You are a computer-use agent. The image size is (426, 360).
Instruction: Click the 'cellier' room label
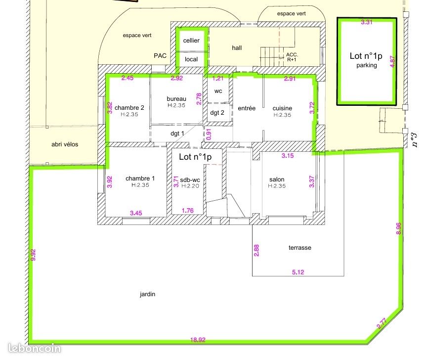tap(191, 41)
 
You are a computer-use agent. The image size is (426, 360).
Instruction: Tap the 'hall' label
tap(237, 48)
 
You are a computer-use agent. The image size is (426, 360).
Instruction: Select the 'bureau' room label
tap(176, 99)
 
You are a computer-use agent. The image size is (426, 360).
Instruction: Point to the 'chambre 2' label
tap(129, 108)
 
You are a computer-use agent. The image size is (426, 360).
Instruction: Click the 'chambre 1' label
tap(140, 179)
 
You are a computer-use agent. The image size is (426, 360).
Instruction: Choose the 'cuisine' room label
tap(282, 108)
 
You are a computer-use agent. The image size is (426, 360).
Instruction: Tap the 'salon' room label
tap(277, 180)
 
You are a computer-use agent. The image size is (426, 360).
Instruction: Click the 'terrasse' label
tap(299, 248)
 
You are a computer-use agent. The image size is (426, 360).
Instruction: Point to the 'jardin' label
tap(148, 294)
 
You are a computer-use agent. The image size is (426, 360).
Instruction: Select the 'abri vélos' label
tap(65, 144)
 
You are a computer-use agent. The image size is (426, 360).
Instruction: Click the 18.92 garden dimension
tap(198, 340)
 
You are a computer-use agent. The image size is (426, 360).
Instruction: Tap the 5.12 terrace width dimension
tap(298, 272)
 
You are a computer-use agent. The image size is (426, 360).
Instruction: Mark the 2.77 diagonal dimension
tap(382, 323)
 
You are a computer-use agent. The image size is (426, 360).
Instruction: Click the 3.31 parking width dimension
tap(367, 22)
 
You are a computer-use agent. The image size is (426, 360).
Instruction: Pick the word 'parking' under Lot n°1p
tap(367, 65)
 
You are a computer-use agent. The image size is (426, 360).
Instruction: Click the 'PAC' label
tap(160, 56)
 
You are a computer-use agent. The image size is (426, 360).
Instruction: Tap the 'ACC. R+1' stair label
tap(292, 57)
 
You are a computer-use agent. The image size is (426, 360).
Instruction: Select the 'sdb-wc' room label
tap(190, 180)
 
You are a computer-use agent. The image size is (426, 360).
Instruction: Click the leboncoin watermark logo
tap(35, 348)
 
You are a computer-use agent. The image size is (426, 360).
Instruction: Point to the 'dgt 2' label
tap(217, 113)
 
